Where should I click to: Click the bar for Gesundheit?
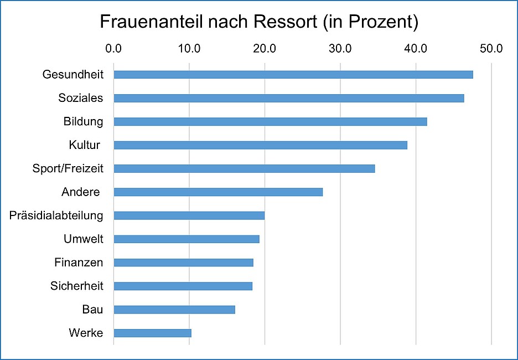[x=293, y=75]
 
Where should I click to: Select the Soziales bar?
[x=289, y=98]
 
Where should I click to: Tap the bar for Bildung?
[x=270, y=122]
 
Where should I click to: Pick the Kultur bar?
[x=260, y=145]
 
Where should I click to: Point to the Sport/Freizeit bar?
[x=244, y=168]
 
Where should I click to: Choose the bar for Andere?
[x=218, y=192]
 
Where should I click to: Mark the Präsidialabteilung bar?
[x=189, y=215]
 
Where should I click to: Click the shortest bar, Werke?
[x=152, y=333]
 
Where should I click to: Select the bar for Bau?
[x=174, y=310]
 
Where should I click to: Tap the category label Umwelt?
[x=84, y=239]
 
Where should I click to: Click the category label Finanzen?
[x=79, y=263]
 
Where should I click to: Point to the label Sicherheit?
[x=76, y=286]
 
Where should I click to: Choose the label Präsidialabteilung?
[x=56, y=215]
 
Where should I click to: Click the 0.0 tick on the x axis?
[x=113, y=49]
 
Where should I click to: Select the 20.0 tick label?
[x=265, y=49]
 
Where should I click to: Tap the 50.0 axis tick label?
[x=491, y=49]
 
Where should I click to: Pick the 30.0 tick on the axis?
[x=340, y=49]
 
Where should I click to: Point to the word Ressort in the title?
[x=286, y=22]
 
